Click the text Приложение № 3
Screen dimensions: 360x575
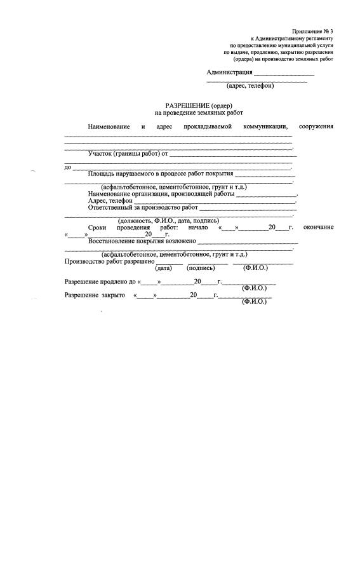pos(312,31)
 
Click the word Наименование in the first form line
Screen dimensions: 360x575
pos(109,126)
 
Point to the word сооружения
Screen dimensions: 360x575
pos(316,126)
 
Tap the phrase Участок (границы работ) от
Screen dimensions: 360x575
pos(128,153)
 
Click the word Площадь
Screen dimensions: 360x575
pos(101,173)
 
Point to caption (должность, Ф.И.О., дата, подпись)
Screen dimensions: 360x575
pos(168,220)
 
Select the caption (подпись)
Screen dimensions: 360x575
pos(201,267)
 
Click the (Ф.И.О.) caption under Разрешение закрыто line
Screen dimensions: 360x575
pos(254,302)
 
